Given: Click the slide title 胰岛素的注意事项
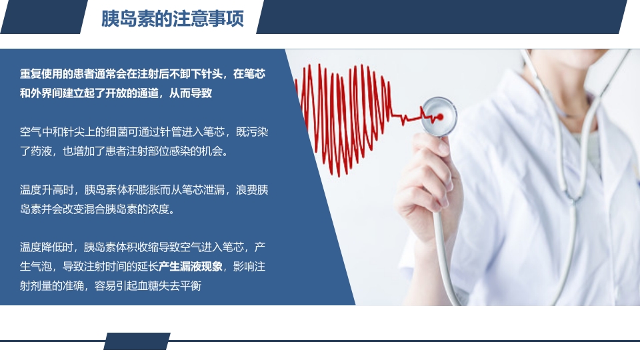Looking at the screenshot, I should pyautogui.click(x=173, y=18).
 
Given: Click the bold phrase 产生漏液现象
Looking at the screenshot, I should pyautogui.click(x=190, y=267).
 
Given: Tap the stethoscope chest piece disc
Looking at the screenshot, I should pyautogui.click(x=438, y=115).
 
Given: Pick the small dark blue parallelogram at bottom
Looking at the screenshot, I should pyautogui.click(x=137, y=341).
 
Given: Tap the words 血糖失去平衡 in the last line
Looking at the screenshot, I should pyautogui.click(x=169, y=286).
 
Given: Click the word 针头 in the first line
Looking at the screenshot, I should pyautogui.click(x=211, y=74).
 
